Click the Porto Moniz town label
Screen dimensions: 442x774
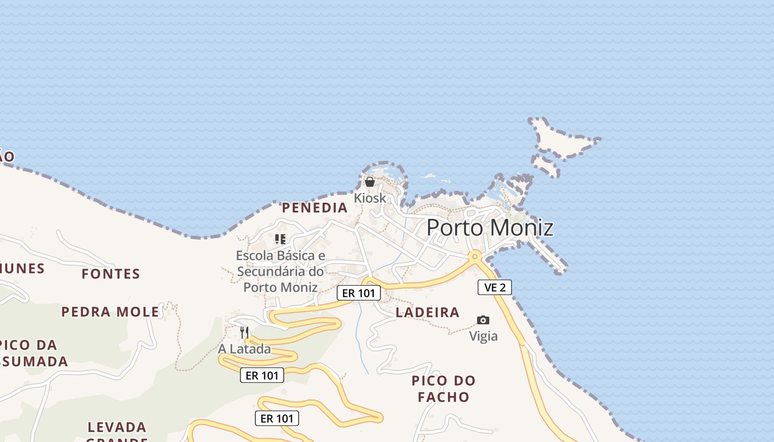pos(490,228)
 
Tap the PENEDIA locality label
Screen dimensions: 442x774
pos(315,208)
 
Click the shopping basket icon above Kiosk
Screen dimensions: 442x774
pos(370,182)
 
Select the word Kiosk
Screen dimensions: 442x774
pos(370,197)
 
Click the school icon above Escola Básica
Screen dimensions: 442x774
pos(280,239)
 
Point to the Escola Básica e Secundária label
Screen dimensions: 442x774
pos(280,271)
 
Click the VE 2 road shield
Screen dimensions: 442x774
pos(495,287)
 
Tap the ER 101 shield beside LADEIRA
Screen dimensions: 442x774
pos(359,293)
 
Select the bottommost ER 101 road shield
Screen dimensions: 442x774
pos(277,418)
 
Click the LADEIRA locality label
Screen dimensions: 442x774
pos(427,313)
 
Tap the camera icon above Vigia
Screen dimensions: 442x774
pos(483,320)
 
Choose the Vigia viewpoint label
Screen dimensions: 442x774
pos(483,336)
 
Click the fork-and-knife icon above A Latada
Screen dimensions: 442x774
pos(244,333)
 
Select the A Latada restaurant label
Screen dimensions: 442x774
pos(244,349)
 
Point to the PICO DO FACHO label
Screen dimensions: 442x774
pos(443,388)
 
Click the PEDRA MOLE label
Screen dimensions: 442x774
pos(110,312)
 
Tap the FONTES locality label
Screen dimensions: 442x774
pos(111,273)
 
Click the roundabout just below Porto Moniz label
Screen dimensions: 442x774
pos(474,256)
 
